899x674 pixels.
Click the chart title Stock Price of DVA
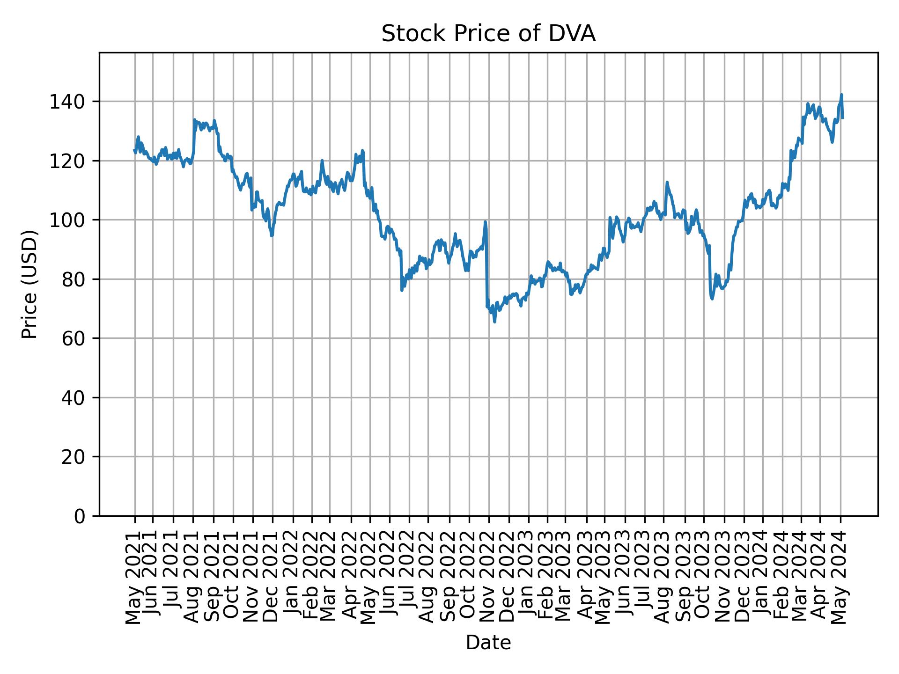click(x=488, y=34)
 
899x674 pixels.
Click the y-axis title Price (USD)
click(x=29, y=284)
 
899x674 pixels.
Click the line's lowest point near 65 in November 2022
click(x=494, y=322)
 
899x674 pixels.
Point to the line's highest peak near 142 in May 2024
click(x=841, y=95)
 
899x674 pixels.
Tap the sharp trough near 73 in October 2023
click(x=712, y=299)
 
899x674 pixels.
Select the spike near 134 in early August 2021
click(x=194, y=120)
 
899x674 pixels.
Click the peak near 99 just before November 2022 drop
click(x=485, y=222)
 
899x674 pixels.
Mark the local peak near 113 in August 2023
click(x=667, y=183)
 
